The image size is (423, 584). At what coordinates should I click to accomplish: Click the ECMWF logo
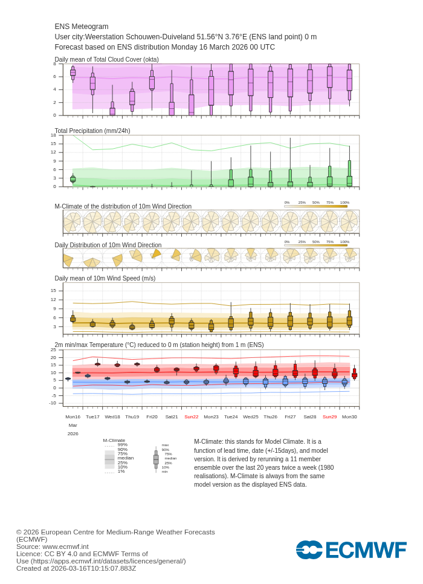(x=351, y=550)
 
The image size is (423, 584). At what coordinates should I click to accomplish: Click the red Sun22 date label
(x=191, y=417)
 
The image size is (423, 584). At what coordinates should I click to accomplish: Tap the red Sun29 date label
(x=329, y=417)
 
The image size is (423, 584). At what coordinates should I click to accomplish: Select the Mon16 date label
(x=73, y=417)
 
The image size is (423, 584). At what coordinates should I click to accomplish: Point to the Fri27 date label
(x=290, y=417)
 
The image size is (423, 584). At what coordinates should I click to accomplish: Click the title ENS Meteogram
(x=82, y=27)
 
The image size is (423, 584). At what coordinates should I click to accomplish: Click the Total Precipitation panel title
(x=92, y=131)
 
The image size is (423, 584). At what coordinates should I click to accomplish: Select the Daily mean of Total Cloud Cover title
(x=106, y=59)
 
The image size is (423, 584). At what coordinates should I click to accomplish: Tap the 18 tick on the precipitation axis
(x=53, y=135)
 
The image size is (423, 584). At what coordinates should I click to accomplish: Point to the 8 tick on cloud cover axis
(x=54, y=64)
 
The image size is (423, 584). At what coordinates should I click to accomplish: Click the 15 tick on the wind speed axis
(x=53, y=290)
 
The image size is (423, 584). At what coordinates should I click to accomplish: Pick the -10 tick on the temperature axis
(x=52, y=403)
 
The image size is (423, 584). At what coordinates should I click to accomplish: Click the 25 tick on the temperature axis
(x=53, y=350)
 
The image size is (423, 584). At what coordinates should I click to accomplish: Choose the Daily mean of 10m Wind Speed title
(x=105, y=278)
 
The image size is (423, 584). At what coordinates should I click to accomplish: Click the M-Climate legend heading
(x=114, y=441)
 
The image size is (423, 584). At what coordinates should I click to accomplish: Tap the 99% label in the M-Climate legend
(x=123, y=445)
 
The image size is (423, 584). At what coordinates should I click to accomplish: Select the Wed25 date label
(x=250, y=417)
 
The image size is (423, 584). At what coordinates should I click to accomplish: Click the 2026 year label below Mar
(x=73, y=433)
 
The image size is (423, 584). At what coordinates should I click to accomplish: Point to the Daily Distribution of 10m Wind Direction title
(x=108, y=245)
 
